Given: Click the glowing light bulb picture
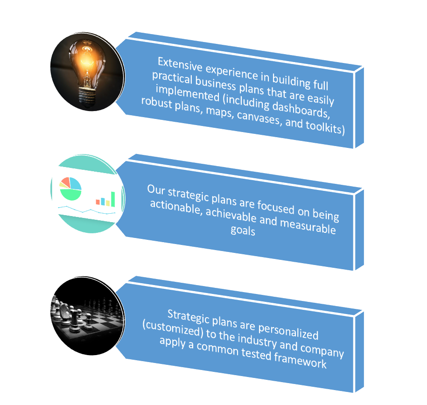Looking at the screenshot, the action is (x=88, y=72).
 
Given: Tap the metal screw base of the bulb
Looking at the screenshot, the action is (x=87, y=97).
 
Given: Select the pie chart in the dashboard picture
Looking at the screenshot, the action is (x=70, y=189).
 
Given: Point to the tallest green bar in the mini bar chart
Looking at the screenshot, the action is (x=113, y=199).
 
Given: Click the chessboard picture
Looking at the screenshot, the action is (x=88, y=316).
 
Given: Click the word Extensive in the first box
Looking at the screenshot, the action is (x=180, y=64).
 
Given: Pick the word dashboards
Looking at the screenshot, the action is (x=301, y=110).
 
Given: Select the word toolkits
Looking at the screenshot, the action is (x=325, y=127).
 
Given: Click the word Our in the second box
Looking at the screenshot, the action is (x=156, y=189).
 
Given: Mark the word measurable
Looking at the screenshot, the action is (x=308, y=227).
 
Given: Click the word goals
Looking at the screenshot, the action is (x=243, y=230).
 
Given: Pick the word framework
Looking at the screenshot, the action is (x=300, y=361).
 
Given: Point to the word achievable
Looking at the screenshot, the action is (x=231, y=215).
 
